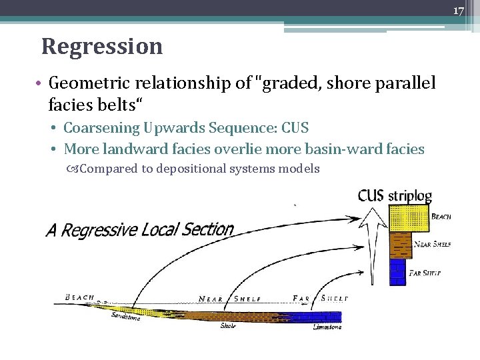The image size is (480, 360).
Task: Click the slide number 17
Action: point(459,11)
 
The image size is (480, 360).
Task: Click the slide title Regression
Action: point(102,47)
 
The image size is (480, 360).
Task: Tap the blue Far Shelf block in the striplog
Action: point(397,271)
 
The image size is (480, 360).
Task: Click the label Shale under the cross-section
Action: point(228,326)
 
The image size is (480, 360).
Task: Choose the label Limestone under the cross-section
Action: point(327,327)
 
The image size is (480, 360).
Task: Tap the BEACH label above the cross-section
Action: point(79,297)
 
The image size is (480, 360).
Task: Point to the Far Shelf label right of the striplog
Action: point(427,273)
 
